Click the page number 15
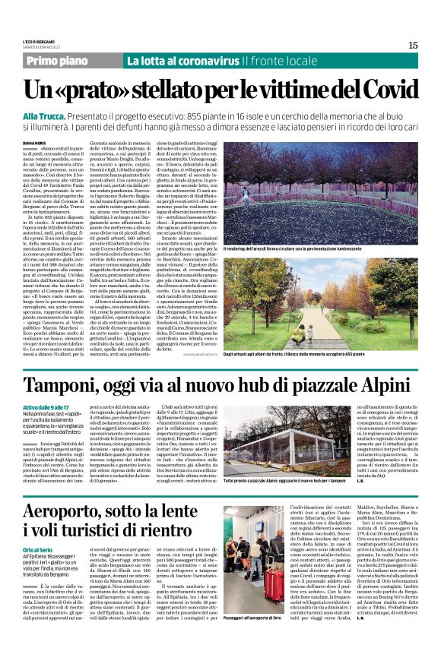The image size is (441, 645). coord(413,45)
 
